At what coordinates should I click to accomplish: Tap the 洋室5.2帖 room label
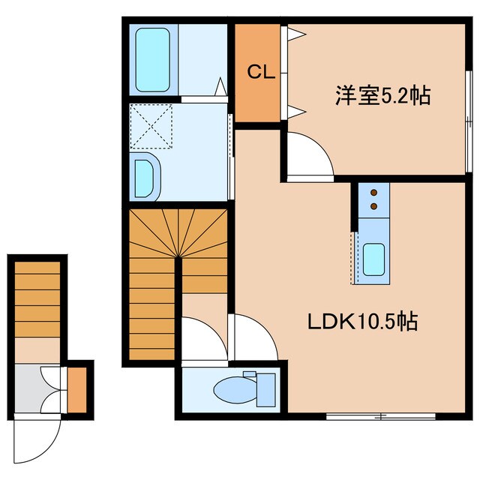[x=382, y=97]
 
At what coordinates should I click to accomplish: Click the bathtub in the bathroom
[x=154, y=59]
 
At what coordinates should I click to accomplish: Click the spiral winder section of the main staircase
[x=178, y=233]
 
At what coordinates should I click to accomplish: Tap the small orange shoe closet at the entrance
[x=77, y=389]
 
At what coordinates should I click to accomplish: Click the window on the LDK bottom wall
[x=381, y=415]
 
